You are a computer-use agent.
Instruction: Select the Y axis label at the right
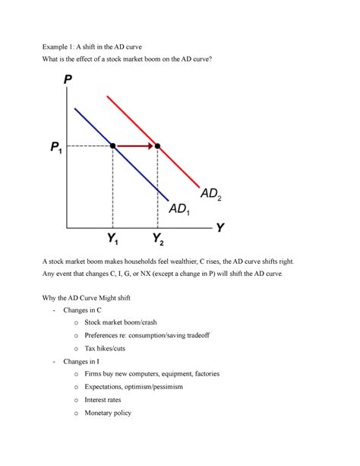(x=220, y=227)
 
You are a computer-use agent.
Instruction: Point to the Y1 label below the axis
(x=113, y=241)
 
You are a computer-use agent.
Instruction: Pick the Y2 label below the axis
(x=158, y=241)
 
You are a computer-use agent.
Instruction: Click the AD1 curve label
(x=181, y=208)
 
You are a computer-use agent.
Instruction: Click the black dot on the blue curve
(x=113, y=144)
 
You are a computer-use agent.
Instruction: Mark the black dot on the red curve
(x=157, y=144)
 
